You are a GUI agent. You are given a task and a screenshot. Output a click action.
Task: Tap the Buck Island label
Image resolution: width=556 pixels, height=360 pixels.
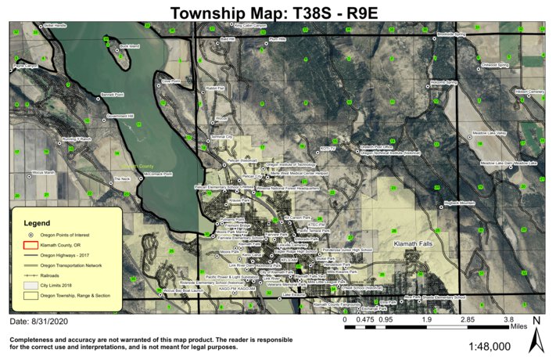(130, 47)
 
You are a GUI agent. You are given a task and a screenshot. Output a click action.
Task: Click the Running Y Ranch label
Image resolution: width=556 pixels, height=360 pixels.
(77, 139)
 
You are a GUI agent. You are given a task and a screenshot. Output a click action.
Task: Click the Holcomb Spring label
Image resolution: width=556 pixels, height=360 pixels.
(443, 81)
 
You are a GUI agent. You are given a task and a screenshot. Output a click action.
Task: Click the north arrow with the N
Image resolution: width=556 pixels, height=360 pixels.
(536, 334)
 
